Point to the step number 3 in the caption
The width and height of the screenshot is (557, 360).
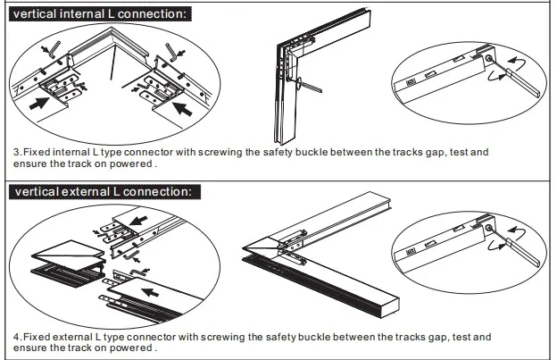click(x=16, y=153)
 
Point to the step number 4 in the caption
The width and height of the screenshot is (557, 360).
click(x=16, y=337)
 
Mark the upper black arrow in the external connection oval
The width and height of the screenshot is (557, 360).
click(x=137, y=218)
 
